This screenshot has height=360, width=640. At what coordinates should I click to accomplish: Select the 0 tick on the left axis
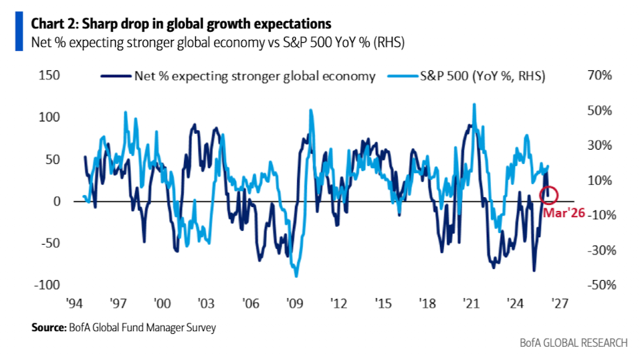59,201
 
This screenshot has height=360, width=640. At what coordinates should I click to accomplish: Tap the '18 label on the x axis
428,303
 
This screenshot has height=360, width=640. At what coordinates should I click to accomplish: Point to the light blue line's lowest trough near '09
297,276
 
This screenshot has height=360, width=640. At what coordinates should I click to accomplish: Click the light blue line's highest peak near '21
474,104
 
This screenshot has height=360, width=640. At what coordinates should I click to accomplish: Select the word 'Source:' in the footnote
48,328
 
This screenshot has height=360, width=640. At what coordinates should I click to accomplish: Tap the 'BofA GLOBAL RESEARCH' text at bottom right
574,343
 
